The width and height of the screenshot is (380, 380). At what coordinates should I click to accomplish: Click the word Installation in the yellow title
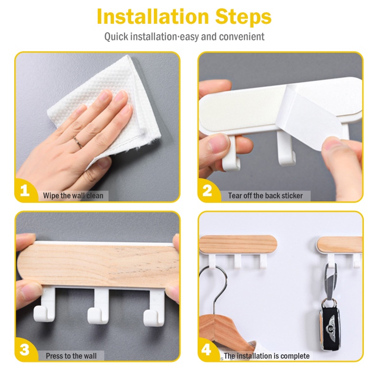point(152,17)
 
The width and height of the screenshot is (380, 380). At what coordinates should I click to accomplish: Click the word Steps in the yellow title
point(243,17)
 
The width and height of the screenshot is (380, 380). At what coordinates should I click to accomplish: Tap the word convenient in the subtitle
point(242,37)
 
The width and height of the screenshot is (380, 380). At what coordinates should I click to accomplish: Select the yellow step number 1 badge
point(25,190)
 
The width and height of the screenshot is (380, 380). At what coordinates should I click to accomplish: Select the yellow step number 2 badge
point(208,190)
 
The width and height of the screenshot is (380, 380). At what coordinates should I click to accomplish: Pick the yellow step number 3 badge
point(25,350)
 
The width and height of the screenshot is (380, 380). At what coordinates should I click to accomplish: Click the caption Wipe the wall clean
point(73,196)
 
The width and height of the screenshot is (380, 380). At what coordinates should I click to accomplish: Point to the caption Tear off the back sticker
point(266,196)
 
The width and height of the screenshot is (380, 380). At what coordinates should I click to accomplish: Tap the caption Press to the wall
point(71,356)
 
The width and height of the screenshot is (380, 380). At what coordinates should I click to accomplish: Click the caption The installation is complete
point(266,356)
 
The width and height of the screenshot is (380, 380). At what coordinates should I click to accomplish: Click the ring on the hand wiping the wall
point(78,142)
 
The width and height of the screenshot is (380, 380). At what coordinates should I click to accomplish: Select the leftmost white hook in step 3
point(46,305)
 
